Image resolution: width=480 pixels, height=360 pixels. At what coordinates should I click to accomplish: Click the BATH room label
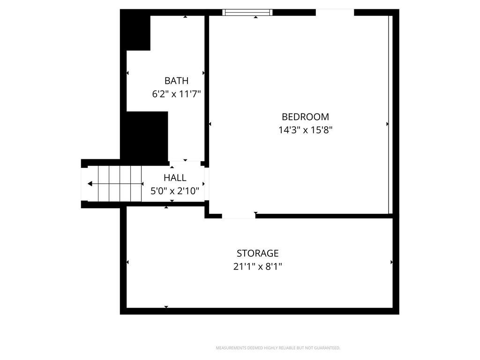[176, 81]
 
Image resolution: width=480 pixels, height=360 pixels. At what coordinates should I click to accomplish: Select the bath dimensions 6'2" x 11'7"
[176, 94]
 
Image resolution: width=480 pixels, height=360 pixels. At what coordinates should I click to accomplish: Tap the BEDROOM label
[305, 117]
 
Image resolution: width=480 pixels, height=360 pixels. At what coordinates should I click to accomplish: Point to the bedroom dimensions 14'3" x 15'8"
[305, 130]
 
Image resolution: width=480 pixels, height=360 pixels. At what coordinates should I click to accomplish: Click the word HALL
[175, 178]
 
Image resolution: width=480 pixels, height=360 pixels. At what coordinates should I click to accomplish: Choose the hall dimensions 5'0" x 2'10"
[175, 191]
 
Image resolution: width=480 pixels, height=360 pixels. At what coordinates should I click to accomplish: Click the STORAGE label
[257, 254]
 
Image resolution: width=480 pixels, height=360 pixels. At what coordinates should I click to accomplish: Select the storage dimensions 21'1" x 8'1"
[257, 267]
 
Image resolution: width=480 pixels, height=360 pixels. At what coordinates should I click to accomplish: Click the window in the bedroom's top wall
[247, 12]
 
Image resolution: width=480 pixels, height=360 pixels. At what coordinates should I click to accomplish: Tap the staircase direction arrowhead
[90, 184]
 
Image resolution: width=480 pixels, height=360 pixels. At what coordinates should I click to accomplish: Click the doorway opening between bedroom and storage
[239, 216]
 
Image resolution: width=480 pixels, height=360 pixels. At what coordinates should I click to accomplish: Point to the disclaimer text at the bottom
[278, 348]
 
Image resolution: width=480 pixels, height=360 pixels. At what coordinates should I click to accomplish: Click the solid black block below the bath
[144, 136]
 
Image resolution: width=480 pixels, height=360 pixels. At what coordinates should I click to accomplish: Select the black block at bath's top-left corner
[135, 30]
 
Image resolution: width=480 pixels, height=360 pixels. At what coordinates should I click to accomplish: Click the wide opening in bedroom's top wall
[335, 12]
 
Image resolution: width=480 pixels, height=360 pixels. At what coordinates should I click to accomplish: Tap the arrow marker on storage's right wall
[391, 262]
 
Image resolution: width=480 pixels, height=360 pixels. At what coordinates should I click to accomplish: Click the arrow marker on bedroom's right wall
[388, 124]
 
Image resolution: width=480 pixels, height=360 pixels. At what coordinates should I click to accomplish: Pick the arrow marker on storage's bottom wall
[166, 307]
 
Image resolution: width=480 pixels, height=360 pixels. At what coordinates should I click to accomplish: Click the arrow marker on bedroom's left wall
[210, 124]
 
